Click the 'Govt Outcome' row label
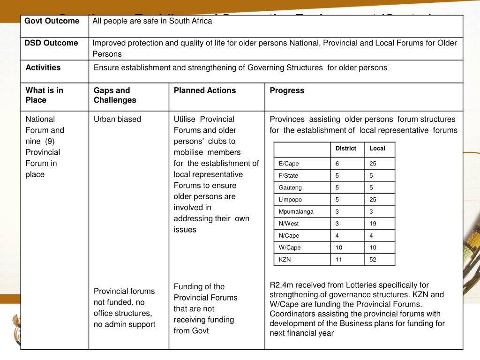(52, 21)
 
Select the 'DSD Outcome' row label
(51, 43)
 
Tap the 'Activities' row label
(43, 67)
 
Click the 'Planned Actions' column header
(205, 90)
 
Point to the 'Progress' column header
(287, 90)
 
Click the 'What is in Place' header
(45, 95)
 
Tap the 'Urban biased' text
(117, 119)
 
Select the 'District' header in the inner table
(346, 149)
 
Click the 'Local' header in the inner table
(377, 149)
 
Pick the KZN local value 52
(373, 260)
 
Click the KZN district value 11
(339, 260)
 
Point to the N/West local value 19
(373, 224)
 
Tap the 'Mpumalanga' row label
(296, 211)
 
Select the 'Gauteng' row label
(291, 187)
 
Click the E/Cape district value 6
(337, 164)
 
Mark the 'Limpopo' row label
(291, 200)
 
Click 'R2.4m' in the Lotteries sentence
(280, 285)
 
